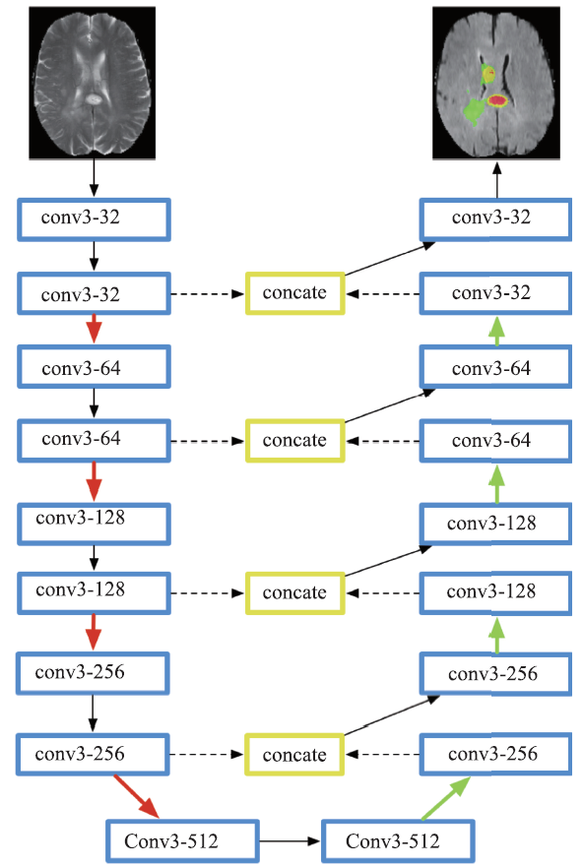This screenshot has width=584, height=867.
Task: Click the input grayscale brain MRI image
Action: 93,83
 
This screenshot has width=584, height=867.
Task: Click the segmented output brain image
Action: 496,83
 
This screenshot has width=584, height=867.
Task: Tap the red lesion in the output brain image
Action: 497,100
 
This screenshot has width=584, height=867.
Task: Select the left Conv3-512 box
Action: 182,841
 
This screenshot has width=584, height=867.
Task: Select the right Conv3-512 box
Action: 398,841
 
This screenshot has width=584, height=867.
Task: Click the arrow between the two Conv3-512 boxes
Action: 291,841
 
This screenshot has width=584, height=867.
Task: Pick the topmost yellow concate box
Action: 295,293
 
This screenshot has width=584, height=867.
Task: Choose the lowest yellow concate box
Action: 293,754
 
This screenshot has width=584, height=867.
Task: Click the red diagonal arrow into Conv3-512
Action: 137,796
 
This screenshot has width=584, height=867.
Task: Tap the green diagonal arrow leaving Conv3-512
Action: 446,798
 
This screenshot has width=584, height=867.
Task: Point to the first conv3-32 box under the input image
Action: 94,219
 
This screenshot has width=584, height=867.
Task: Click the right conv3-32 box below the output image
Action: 495,219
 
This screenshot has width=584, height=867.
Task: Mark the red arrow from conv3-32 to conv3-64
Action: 95,329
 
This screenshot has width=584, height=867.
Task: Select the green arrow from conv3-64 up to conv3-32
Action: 497,331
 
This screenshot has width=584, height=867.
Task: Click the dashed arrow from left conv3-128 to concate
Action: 208,593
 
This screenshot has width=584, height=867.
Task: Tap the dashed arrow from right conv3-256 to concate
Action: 382,754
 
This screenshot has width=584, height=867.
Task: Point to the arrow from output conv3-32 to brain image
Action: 497,180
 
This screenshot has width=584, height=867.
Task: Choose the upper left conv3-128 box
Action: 94,524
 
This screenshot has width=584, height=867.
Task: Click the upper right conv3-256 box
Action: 495,673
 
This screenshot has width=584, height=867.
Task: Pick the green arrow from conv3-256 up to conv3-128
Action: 497,635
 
